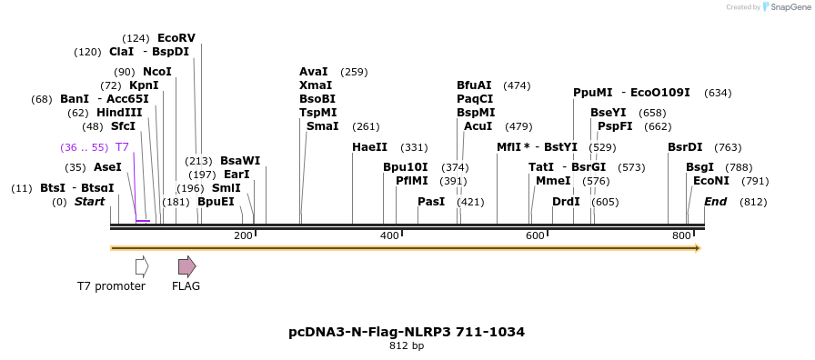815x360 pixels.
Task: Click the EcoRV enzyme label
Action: coord(176,38)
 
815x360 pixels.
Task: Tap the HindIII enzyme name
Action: coord(119,113)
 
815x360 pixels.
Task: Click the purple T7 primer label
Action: coord(122,147)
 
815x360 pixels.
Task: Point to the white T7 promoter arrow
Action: coord(141,266)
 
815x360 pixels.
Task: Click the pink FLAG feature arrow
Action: coord(186,266)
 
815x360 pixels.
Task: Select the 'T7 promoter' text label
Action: coord(111,286)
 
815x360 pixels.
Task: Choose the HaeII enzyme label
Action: coord(369,147)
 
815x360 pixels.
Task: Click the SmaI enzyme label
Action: coord(322,126)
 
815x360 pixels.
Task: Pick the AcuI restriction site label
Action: coord(478,126)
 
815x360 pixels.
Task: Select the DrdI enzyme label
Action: coord(566,202)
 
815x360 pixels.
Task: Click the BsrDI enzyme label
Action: coord(685,147)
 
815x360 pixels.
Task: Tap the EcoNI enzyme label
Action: coord(711,181)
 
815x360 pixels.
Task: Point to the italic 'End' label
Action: coord(715,202)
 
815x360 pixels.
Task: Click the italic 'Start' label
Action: coord(89,202)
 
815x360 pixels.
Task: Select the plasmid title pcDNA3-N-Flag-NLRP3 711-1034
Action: coord(407,332)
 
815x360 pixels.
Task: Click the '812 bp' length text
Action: coord(407,346)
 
